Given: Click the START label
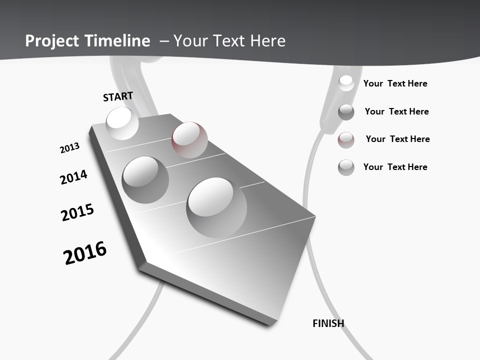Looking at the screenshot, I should (118, 96).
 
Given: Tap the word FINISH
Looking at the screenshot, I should (328, 323).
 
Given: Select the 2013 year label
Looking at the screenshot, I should (69, 148).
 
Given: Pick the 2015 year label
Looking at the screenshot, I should (77, 212).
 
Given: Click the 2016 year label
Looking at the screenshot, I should (85, 253).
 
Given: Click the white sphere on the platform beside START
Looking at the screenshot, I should (122, 123).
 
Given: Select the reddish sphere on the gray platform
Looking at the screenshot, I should (189, 140).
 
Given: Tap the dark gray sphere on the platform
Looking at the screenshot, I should (145, 180).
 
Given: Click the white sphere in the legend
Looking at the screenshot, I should (346, 83).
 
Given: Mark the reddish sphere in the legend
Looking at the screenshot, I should (346, 140).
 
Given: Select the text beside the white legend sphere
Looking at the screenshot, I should (395, 83).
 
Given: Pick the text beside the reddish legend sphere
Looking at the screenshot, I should (397, 139).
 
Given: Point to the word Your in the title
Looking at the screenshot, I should (190, 41).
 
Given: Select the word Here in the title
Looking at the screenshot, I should (267, 41).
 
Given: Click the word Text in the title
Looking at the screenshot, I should (228, 41).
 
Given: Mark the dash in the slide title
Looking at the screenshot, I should (164, 41).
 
